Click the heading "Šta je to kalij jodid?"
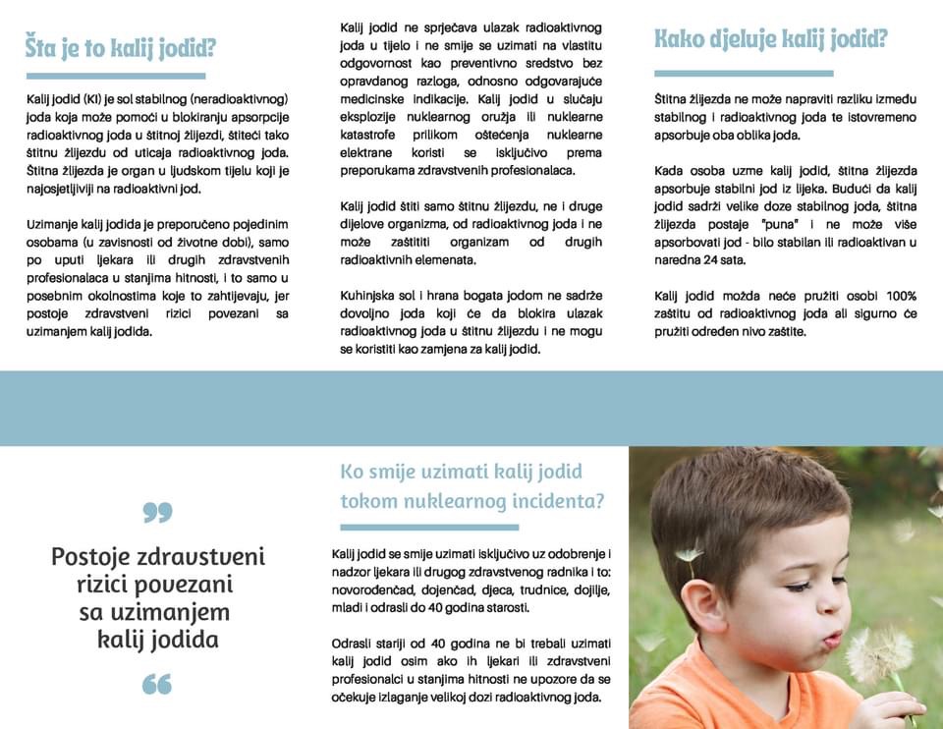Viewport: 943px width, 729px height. point(120,47)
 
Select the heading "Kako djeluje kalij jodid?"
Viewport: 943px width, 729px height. point(771,39)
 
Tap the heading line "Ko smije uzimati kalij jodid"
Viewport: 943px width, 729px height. point(461,471)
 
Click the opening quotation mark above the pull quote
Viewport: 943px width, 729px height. point(157,512)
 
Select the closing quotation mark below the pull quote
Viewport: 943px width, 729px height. point(157,684)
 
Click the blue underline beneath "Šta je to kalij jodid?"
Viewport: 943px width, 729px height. point(116,76)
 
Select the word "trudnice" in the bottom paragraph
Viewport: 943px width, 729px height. point(530,590)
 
